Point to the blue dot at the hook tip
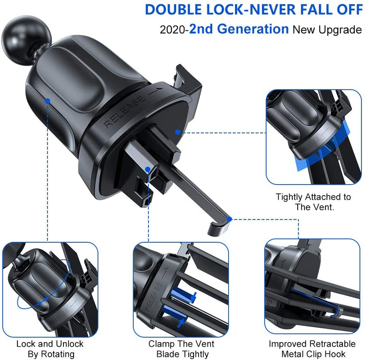230,219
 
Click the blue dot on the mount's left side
48,100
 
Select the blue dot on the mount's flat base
177,132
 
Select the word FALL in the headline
302,9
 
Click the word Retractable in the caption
331,344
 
